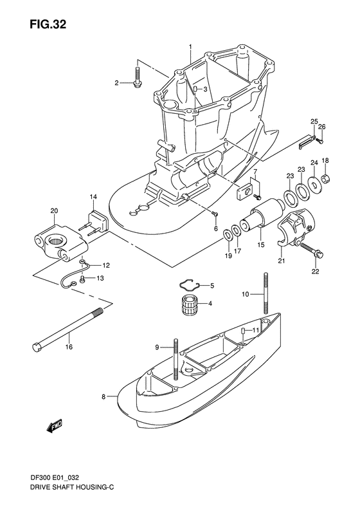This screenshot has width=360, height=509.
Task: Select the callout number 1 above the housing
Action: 190,46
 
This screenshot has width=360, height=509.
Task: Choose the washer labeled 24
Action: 314,184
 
